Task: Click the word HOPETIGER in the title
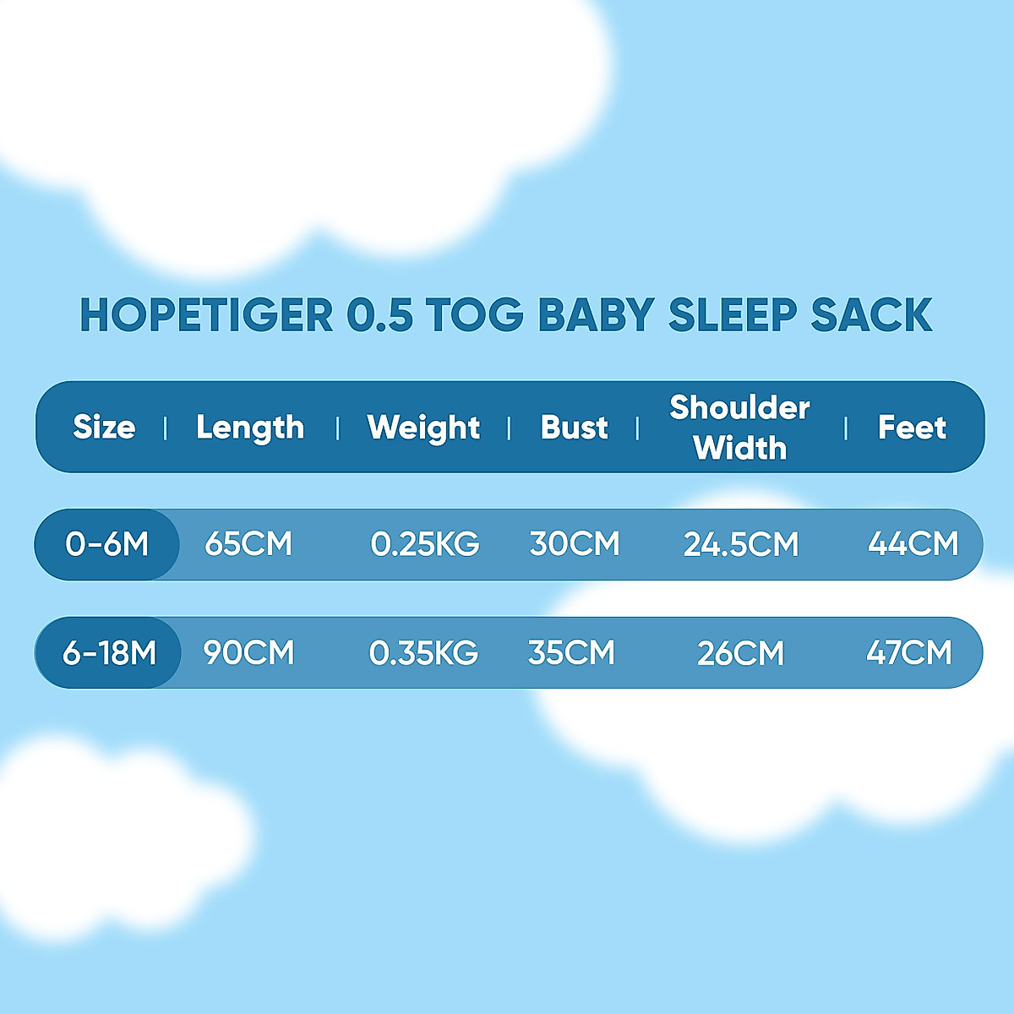pyautogui.click(x=206, y=314)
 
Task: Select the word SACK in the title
pyautogui.click(x=872, y=314)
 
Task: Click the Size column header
pyautogui.click(x=104, y=427)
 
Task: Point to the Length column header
pyautogui.click(x=250, y=428)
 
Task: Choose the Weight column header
pyautogui.click(x=423, y=428)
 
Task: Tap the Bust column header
pyautogui.click(x=574, y=427)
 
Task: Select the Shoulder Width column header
pyautogui.click(x=739, y=428)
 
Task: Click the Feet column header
pyautogui.click(x=912, y=427)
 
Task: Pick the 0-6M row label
pyautogui.click(x=106, y=543)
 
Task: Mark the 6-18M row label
pyautogui.click(x=110, y=653)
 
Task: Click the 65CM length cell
pyautogui.click(x=248, y=543)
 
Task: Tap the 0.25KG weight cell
pyautogui.click(x=425, y=543)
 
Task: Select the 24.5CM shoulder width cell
pyautogui.click(x=741, y=544)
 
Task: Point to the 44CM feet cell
pyautogui.click(x=913, y=543)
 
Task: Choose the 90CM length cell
pyautogui.click(x=248, y=652)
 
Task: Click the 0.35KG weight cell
pyautogui.click(x=423, y=652)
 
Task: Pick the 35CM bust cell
pyautogui.click(x=571, y=652)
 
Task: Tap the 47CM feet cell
pyautogui.click(x=908, y=652)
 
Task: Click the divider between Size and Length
pyautogui.click(x=166, y=428)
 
